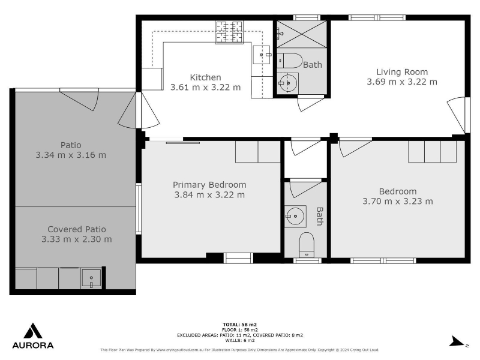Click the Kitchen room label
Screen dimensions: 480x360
pos(205,77)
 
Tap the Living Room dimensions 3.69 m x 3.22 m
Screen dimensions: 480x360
pos(402,82)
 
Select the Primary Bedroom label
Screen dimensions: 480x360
pos(209,185)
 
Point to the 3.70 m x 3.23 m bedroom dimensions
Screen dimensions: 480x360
pos(398,201)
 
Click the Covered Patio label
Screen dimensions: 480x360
pos(77,229)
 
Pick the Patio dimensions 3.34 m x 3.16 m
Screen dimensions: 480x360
pos(71,155)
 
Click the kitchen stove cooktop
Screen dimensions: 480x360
pos(229,32)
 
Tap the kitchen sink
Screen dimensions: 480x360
pos(262,55)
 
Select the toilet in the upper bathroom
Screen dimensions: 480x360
pos(290,61)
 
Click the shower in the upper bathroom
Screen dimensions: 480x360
pos(302,34)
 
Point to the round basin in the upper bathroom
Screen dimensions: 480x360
pos(288,83)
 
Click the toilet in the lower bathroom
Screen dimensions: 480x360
pos(307,245)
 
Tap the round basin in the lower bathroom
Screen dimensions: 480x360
pos(295,216)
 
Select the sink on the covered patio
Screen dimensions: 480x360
pos(91,278)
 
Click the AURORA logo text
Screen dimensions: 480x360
pos(33,346)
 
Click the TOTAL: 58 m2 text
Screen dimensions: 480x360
pos(239,325)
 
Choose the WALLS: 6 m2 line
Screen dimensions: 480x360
pos(239,340)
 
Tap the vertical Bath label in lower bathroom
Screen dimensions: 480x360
pos(320,216)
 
